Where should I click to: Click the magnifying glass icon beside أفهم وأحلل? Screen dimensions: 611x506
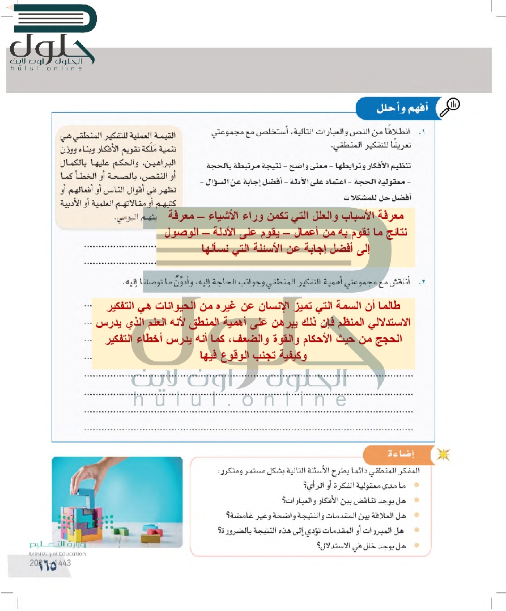(453, 106)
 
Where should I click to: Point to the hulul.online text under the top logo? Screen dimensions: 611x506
(46, 68)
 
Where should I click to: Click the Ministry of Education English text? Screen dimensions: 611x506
(56, 554)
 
